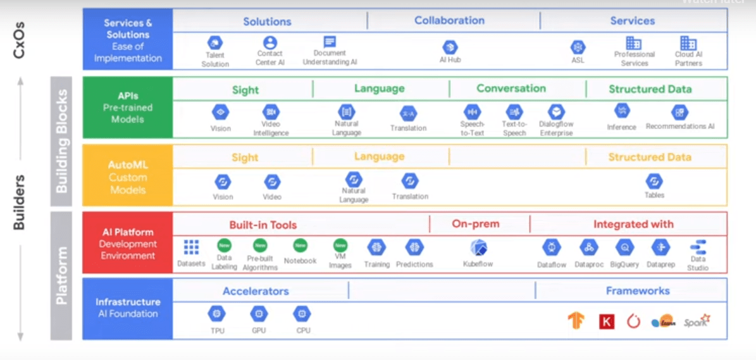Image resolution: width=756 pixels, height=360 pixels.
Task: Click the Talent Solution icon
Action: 215,44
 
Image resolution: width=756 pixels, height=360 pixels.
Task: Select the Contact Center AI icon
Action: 270,43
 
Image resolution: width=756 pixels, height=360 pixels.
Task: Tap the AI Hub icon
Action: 450,47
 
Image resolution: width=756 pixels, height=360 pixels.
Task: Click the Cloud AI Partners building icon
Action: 688,43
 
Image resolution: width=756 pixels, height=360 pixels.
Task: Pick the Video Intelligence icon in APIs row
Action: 271,112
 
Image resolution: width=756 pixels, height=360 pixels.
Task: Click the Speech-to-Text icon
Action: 472,112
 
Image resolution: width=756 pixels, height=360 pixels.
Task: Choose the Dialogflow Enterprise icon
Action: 556,113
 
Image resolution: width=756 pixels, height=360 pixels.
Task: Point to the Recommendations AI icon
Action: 679,113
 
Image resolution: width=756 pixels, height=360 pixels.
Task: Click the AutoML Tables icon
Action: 654,181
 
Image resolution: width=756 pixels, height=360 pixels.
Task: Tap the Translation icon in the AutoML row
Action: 410,181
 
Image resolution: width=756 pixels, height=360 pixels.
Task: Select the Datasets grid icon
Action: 191,247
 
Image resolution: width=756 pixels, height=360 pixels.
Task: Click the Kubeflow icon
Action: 479,247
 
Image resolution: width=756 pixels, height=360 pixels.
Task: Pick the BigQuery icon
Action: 624,247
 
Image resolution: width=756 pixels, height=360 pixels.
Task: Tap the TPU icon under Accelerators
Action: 217,314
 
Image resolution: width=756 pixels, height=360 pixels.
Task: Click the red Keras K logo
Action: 606,321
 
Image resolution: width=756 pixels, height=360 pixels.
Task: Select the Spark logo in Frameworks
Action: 697,321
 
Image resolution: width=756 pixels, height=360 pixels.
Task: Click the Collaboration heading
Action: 449,20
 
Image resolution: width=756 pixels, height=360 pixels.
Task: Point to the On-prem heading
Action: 475,224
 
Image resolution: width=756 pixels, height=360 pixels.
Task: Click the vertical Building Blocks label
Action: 63,141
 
